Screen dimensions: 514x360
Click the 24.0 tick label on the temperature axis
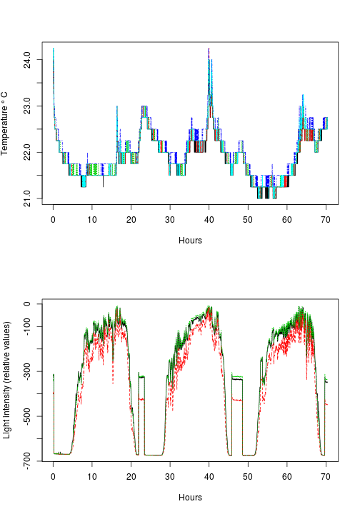pos(26,56)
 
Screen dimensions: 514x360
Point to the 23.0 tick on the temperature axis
pos(26,106)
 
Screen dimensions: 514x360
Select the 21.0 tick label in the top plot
pos(26,198)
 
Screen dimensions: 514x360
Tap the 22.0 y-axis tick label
pos(26,152)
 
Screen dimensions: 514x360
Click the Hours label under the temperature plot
pos(190,241)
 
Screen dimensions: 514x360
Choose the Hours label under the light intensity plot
pos(190,498)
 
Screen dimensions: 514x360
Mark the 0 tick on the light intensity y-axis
pos(26,305)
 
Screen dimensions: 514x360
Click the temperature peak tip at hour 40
pos(209,49)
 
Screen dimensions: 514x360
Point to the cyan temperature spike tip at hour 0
pos(54,49)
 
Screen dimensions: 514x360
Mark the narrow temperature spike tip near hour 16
pos(117,106)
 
